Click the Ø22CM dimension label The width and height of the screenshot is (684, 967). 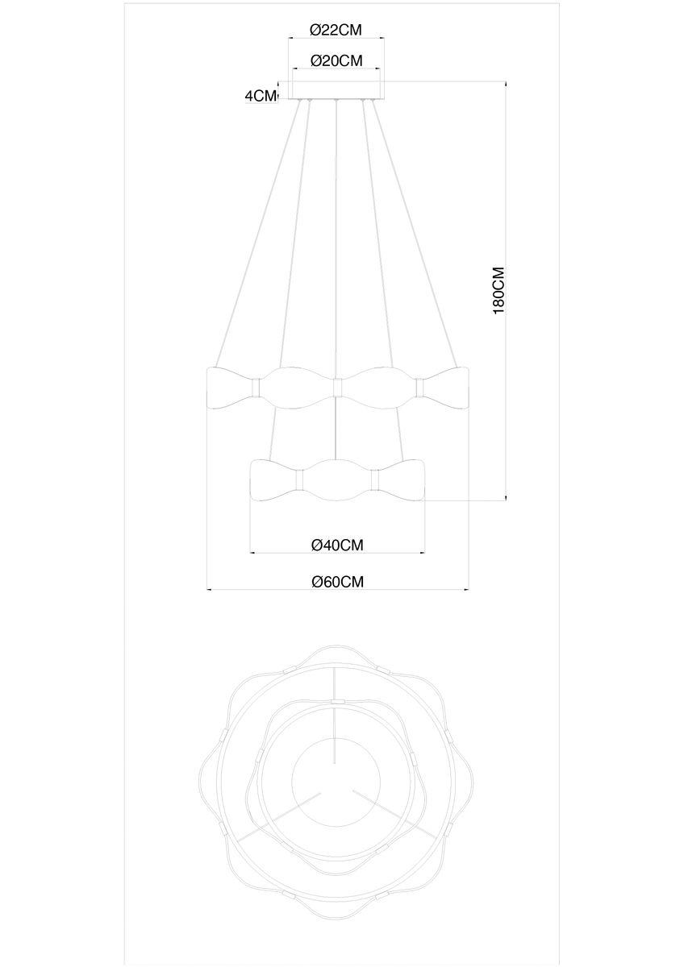tap(336, 30)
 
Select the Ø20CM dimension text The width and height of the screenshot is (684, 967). tap(336, 60)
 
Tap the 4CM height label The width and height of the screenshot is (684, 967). tap(260, 96)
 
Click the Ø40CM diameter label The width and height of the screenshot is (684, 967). tap(337, 545)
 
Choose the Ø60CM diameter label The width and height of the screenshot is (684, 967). tap(337, 582)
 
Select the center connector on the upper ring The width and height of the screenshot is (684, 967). tap(337, 387)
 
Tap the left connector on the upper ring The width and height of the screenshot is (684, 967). tap(257, 387)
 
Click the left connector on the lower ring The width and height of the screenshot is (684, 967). tap(299, 480)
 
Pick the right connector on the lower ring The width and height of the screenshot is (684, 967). tap(375, 480)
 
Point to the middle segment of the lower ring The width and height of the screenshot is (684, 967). tap(337, 480)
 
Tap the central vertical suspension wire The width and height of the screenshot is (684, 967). tap(336, 242)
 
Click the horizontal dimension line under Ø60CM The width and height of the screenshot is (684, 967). tap(337, 591)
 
